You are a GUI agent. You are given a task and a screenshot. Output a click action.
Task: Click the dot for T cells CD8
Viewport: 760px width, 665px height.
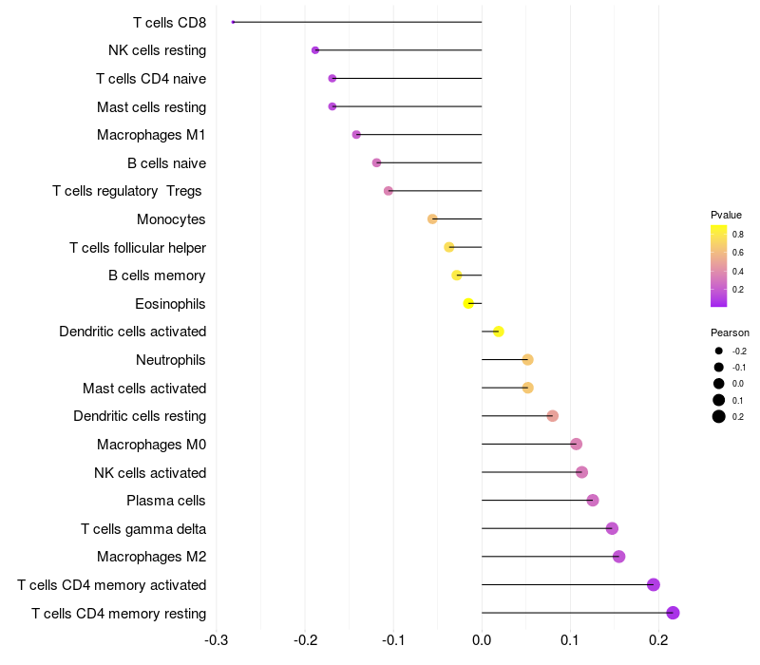tap(233, 22)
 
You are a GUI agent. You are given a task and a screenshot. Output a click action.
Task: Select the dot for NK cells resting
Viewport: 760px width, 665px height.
tap(315, 50)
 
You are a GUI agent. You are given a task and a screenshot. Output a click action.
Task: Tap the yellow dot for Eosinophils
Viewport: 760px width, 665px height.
tap(468, 304)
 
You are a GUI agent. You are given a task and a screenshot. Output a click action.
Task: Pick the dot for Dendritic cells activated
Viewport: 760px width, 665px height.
tap(499, 332)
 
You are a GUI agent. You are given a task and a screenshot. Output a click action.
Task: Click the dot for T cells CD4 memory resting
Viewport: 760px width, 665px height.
tap(674, 613)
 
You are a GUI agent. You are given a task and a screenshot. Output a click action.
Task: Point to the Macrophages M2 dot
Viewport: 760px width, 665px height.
tap(619, 557)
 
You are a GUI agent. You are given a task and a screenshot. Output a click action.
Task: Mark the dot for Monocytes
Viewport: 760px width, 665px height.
tap(433, 219)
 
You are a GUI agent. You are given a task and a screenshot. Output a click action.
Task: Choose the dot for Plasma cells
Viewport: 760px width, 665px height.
tap(593, 501)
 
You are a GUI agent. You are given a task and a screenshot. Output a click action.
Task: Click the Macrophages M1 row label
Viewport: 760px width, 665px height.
tap(151, 135)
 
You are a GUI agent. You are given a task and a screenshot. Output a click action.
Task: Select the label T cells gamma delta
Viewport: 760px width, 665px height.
tap(143, 529)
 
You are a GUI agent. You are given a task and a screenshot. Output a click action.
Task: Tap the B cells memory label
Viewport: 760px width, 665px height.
tap(157, 275)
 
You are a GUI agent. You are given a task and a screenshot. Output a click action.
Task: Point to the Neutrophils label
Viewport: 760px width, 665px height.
tap(171, 360)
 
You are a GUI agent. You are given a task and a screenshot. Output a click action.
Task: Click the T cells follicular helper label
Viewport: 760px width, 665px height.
tap(138, 248)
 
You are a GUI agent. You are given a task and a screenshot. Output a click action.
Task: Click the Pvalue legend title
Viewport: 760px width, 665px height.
tap(726, 215)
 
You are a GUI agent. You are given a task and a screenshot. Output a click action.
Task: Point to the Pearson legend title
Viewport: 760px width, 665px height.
tap(730, 333)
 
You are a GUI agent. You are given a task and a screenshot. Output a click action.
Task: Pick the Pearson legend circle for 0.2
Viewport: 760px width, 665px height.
tap(719, 416)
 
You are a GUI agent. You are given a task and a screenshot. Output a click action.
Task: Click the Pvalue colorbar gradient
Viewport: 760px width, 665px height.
tap(719, 266)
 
